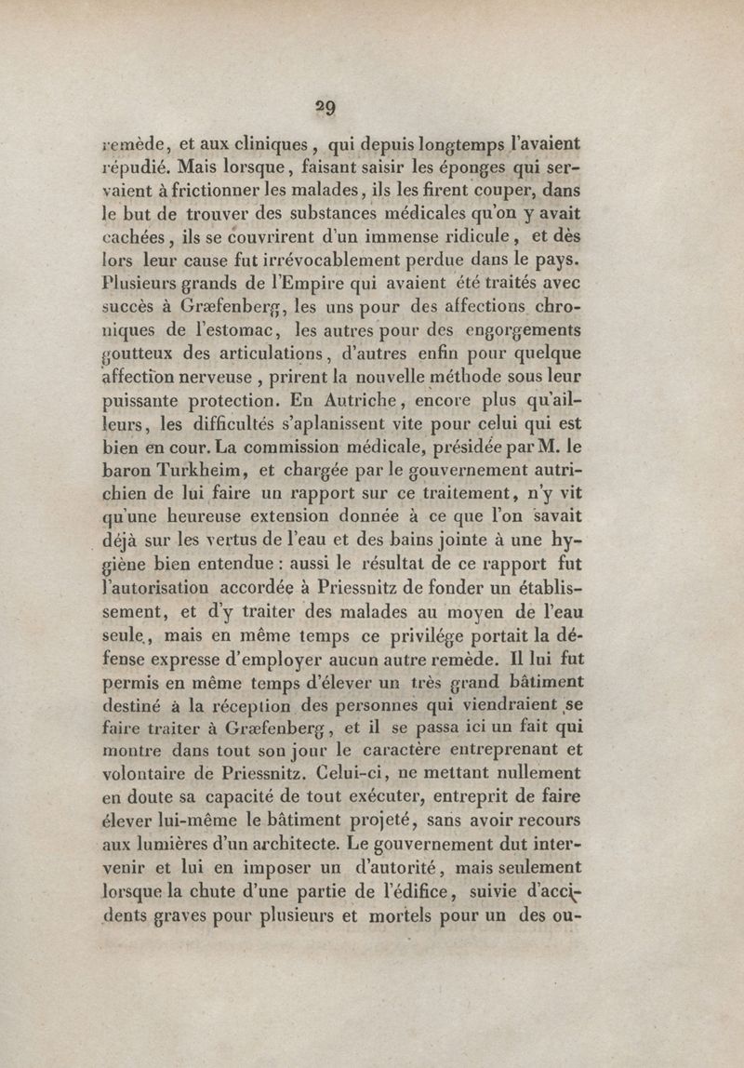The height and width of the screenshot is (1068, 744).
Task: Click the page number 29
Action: (x=325, y=105)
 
